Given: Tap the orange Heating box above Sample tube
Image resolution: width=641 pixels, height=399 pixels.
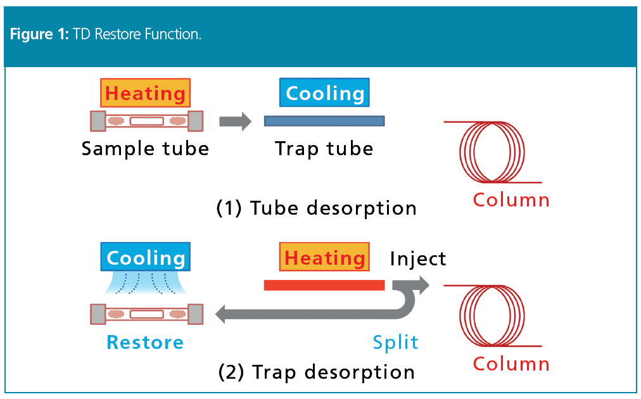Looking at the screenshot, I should click(x=145, y=93).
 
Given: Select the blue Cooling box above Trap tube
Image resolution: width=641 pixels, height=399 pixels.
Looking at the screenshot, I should click(x=324, y=93).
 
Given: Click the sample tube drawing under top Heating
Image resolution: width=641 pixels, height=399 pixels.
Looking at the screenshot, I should click(x=146, y=120).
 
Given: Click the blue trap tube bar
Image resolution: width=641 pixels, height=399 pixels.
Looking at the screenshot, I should click(x=324, y=120).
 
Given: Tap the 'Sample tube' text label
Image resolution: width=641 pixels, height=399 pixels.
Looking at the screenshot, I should click(x=145, y=149).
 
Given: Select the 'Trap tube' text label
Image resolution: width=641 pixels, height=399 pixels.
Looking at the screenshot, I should click(x=324, y=149).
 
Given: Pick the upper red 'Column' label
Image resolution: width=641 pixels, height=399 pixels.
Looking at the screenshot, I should click(x=511, y=200).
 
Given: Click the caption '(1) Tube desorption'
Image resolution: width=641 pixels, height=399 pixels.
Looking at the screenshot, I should click(x=317, y=208).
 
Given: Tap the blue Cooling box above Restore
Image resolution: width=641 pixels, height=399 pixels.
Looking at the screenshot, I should click(x=146, y=258).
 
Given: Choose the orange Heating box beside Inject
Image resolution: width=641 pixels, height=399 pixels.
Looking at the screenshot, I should click(x=324, y=258).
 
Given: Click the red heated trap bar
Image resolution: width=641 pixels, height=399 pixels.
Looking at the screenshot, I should click(x=324, y=285).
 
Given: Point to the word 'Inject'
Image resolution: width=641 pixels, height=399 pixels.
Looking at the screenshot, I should click(x=418, y=258).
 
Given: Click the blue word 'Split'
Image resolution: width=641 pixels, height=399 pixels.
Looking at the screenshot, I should click(x=395, y=342).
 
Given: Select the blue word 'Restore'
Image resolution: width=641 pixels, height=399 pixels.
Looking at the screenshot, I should click(x=145, y=342).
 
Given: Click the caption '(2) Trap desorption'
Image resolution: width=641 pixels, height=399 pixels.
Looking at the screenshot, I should click(x=317, y=372).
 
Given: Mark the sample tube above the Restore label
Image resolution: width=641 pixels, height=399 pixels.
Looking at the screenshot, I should click(x=146, y=313).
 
